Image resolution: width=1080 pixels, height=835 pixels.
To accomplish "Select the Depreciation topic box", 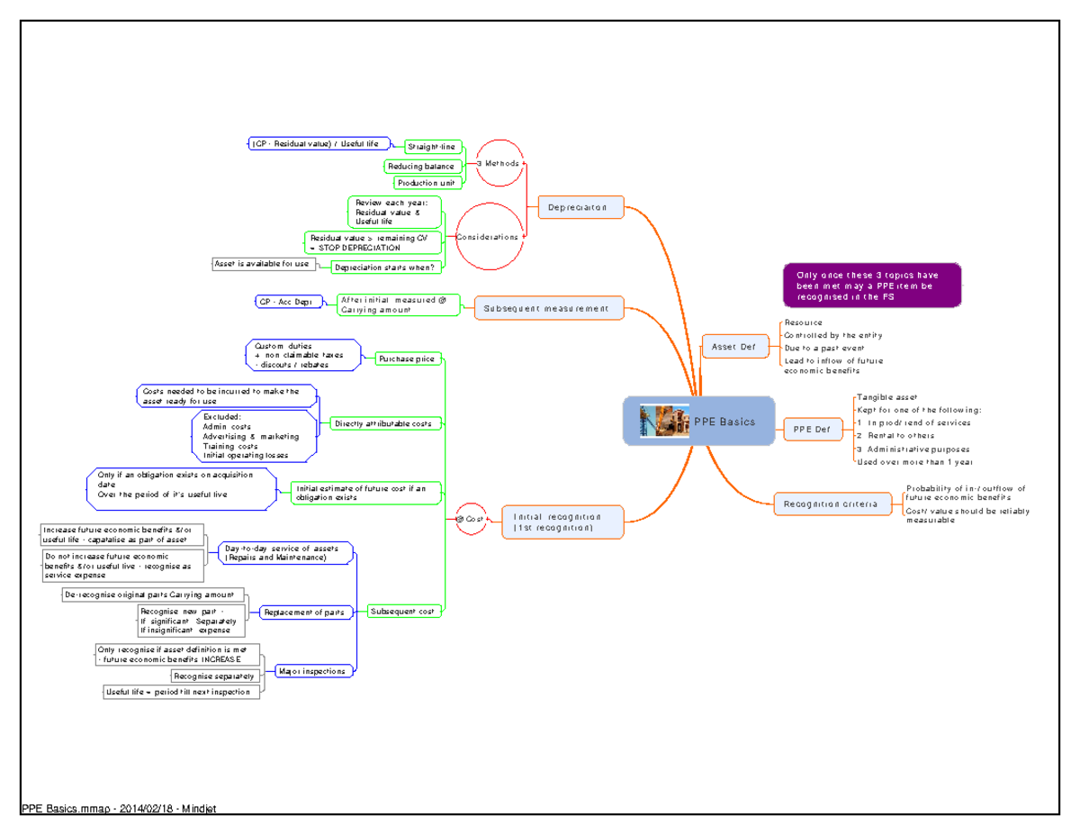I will pyautogui.click(x=580, y=208).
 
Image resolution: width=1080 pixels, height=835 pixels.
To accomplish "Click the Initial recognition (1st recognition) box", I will pyautogui.click(x=562, y=522).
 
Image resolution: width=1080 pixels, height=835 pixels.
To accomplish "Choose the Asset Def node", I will pyautogui.click(x=734, y=347).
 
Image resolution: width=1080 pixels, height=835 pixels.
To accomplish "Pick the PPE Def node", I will pyautogui.click(x=812, y=430).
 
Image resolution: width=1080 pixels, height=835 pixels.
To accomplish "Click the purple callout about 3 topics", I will pyautogui.click(x=871, y=286).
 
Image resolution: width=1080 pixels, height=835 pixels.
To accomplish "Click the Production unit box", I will pyautogui.click(x=428, y=183).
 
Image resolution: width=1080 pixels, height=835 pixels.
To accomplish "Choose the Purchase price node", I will pyautogui.click(x=407, y=359).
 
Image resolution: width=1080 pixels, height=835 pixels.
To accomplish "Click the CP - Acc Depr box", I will pyautogui.click(x=284, y=302).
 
